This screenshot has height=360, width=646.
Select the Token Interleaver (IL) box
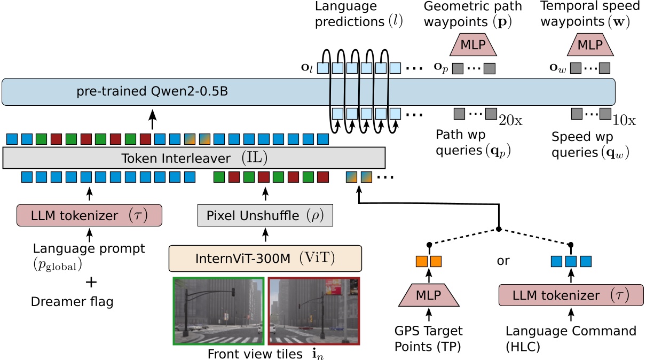(194, 158)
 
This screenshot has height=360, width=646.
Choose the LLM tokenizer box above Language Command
(571, 295)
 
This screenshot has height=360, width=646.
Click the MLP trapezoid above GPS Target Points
(428, 295)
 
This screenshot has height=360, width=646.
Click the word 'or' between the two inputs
(503, 261)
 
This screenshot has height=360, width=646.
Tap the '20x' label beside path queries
(510, 120)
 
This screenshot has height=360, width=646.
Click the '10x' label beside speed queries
(625, 120)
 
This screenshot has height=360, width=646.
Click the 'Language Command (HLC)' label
(571, 338)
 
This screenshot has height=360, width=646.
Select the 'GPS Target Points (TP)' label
(428, 338)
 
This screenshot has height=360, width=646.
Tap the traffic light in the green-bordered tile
(233, 293)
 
